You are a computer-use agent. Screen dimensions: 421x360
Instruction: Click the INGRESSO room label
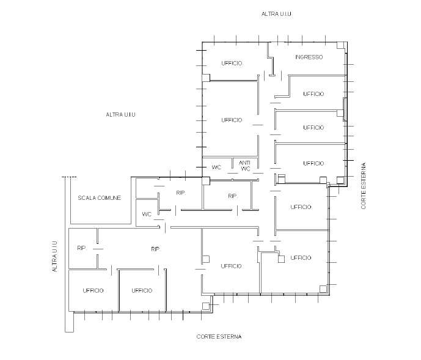(x=309, y=57)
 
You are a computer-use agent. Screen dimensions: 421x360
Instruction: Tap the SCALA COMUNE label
(x=100, y=198)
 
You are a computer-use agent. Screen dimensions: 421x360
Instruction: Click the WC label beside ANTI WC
(x=216, y=167)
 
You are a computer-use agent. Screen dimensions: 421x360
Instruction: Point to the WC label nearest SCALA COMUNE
(x=147, y=214)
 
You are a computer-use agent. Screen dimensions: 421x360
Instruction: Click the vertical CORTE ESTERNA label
(x=364, y=186)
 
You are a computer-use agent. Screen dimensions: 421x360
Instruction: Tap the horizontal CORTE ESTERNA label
(x=219, y=336)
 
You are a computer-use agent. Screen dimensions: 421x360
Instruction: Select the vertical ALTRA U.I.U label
(x=55, y=256)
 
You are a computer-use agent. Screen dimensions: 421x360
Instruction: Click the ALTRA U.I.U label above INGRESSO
(x=276, y=13)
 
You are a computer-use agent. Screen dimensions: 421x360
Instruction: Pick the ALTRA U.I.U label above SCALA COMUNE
(x=120, y=114)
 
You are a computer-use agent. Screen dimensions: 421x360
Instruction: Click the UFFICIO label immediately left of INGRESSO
(x=232, y=63)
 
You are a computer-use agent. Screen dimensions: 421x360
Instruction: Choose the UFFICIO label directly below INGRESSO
(x=313, y=94)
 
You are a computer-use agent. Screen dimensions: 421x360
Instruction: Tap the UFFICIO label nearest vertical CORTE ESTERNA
(x=313, y=163)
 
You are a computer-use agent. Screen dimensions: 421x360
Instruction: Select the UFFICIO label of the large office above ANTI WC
(x=232, y=120)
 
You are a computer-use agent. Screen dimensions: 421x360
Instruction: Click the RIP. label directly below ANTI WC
(x=233, y=196)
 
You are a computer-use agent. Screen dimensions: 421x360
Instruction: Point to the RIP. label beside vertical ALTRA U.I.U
(x=82, y=248)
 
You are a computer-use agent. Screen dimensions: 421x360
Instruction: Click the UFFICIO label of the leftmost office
(x=93, y=290)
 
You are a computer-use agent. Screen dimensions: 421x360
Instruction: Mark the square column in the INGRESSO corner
(x=341, y=45)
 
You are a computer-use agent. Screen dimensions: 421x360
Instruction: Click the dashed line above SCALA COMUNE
(x=69, y=177)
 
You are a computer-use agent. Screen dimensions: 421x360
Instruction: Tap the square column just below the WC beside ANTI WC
(x=206, y=181)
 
